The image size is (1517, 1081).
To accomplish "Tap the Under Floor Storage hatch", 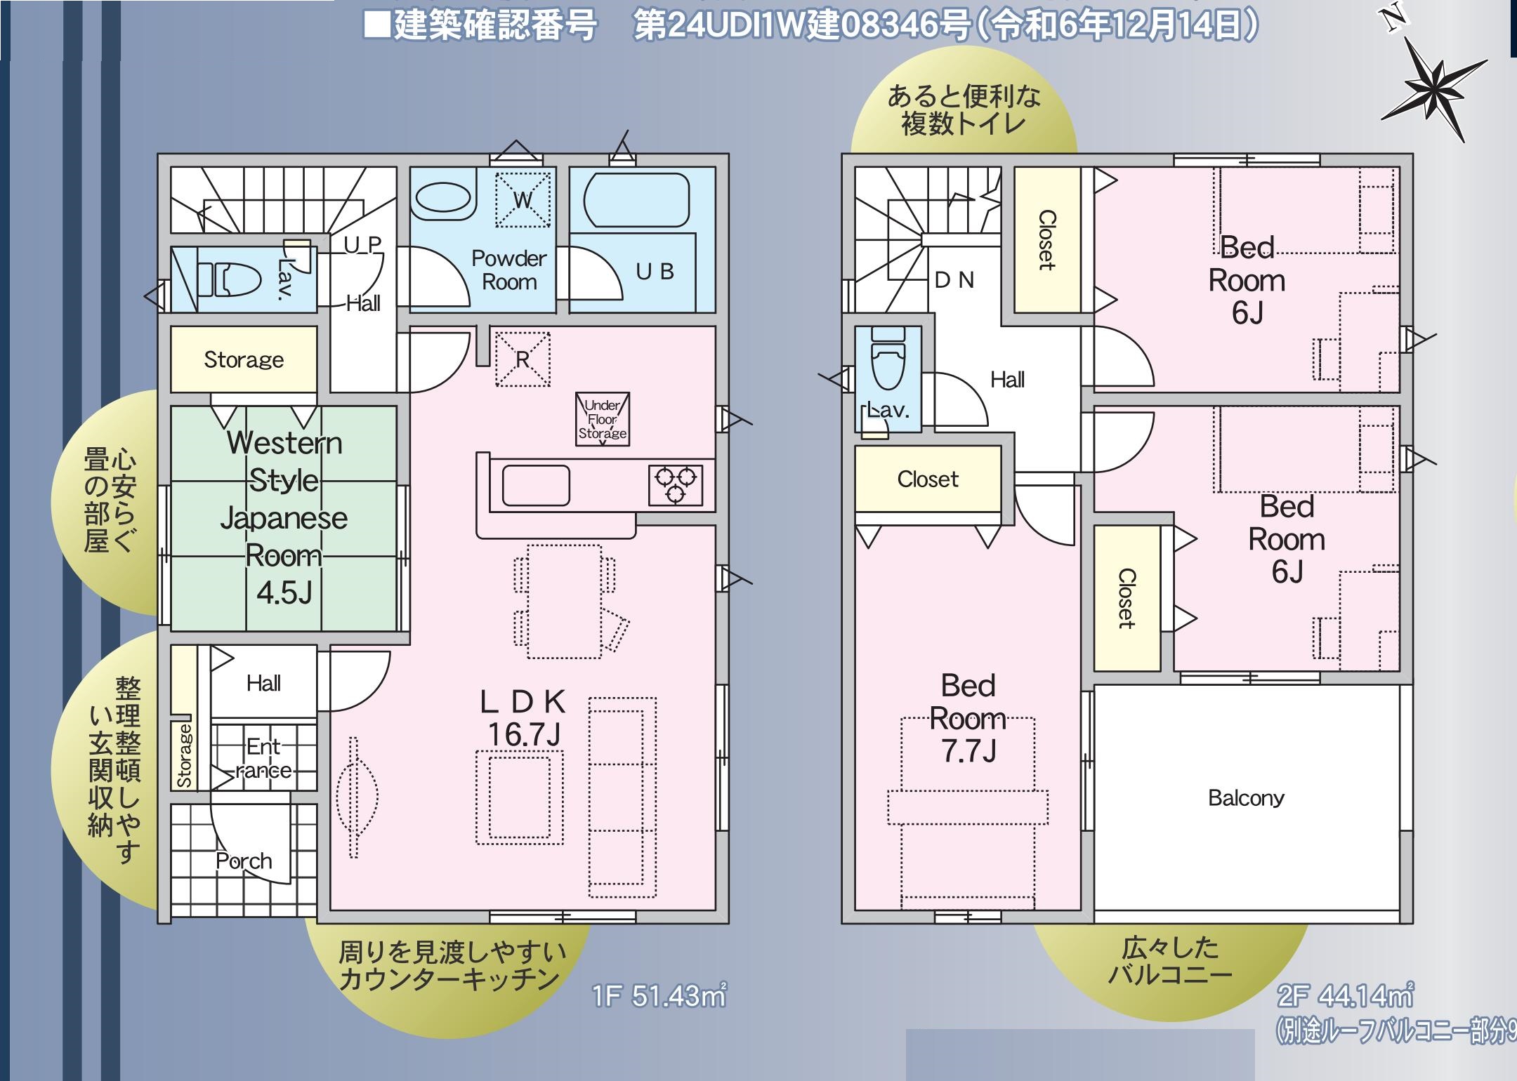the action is pos(602,419).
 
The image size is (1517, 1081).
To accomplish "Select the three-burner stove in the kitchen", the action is pos(675,484).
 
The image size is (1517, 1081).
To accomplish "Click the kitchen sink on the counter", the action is pos(535,485).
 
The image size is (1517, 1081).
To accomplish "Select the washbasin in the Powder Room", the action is pos(442,198).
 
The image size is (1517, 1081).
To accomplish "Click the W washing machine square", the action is pos(523,199).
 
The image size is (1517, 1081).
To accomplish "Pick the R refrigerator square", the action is pos(523,359).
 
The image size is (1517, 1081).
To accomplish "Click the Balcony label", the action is pos(1246,798).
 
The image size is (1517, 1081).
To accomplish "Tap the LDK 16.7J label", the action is pos(523,718).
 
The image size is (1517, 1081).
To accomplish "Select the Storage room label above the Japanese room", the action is pos(244,359).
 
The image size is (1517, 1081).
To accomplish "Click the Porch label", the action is pos(244,861).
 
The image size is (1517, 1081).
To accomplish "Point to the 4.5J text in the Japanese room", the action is pos(284,593).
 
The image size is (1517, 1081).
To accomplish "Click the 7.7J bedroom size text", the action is pos(968,751).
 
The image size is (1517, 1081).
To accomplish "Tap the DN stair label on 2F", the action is pos(954,280).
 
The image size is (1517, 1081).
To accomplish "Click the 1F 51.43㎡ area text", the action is pos(659,995).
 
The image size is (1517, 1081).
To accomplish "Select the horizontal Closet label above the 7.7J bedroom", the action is pos(928,479).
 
